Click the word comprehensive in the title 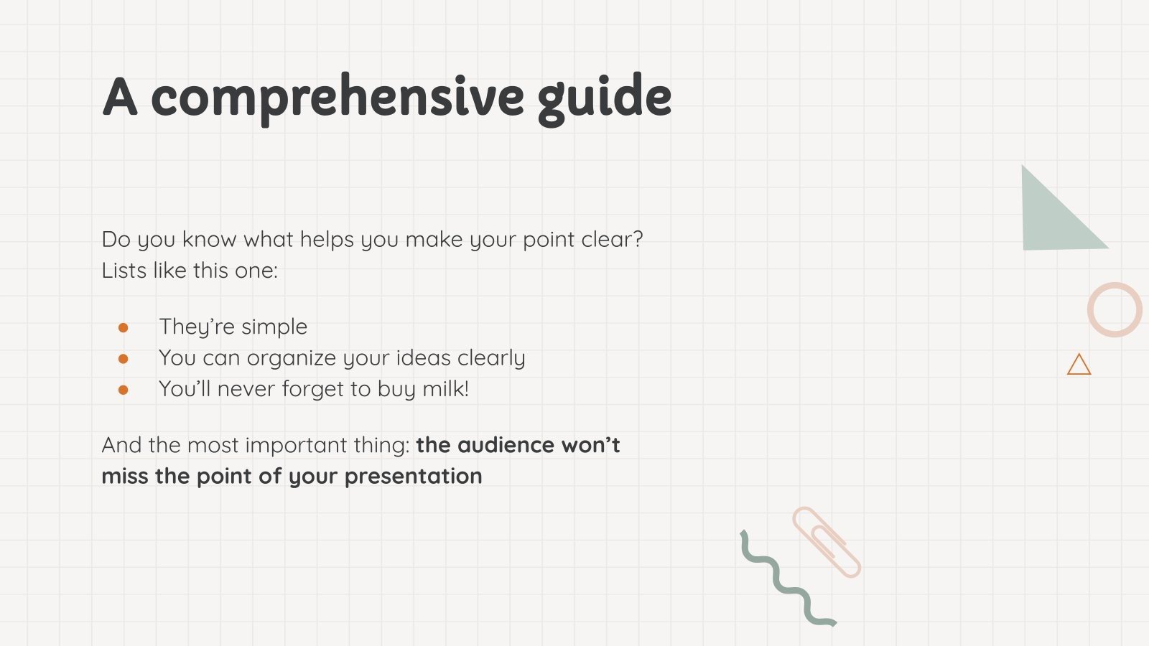[x=338, y=98]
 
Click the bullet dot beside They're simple [x=123, y=327]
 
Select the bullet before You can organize [x=123, y=359]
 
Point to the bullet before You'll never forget [x=123, y=390]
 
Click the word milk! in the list [x=445, y=388]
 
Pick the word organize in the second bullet [x=292, y=359]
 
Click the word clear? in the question [x=612, y=240]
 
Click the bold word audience [x=506, y=445]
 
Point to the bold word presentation [x=414, y=477]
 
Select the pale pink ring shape [x=1090, y=310]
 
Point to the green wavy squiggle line [x=780, y=579]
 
